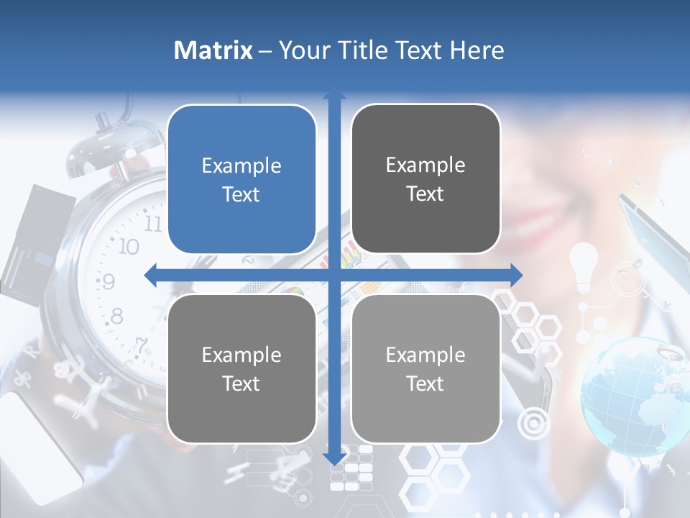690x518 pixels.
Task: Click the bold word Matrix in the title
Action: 213,50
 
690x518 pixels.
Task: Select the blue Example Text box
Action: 241,180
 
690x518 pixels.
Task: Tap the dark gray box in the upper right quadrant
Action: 425,179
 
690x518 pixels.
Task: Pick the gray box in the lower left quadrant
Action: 241,369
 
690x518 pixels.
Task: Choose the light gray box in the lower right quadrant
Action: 425,369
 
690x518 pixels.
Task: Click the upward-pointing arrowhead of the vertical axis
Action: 334,94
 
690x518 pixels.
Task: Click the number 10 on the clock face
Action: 128,247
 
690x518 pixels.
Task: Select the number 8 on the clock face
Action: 116,315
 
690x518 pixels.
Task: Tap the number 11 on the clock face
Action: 153,222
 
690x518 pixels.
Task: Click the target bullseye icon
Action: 533,423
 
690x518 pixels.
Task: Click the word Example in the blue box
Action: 241,165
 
